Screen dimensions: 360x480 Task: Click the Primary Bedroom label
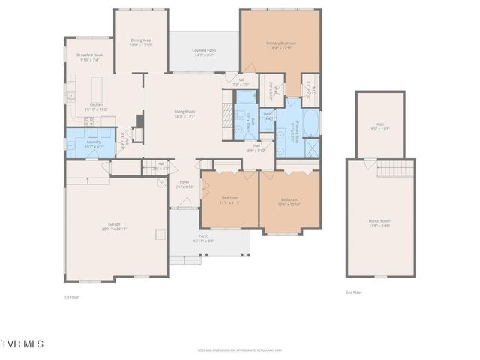point(281,43)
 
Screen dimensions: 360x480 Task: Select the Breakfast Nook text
point(89,56)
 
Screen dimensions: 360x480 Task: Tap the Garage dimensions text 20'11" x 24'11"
point(115,229)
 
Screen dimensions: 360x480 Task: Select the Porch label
point(204,236)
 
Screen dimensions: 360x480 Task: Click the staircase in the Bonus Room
point(395,169)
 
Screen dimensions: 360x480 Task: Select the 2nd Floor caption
point(354,292)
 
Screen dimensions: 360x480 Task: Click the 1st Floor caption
point(71,297)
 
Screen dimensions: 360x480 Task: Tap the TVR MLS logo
point(22,343)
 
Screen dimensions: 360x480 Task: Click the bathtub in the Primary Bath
point(310,123)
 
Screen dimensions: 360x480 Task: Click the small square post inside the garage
point(159,235)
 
